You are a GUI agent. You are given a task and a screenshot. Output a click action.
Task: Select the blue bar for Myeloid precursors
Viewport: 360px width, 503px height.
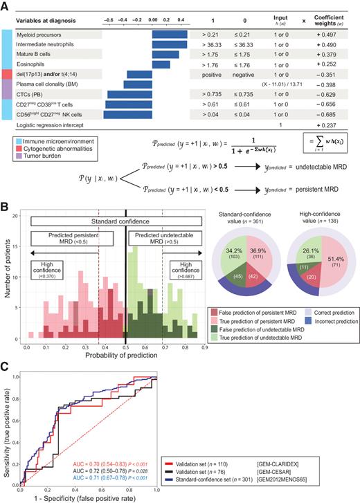(x=170, y=34)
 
